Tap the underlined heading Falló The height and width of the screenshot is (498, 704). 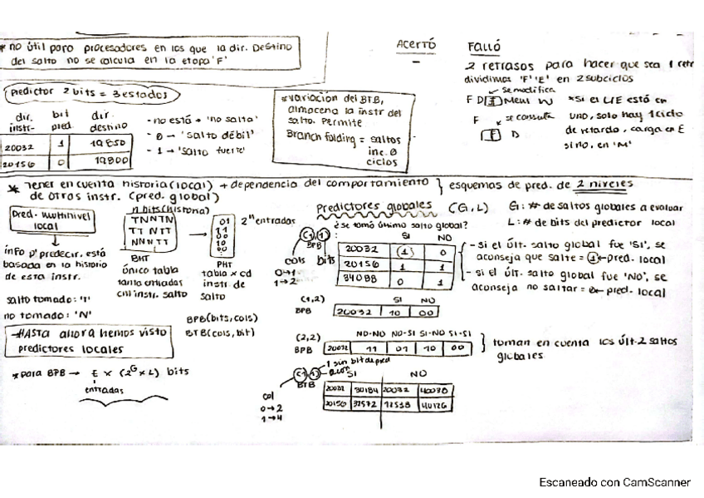pyautogui.click(x=483, y=47)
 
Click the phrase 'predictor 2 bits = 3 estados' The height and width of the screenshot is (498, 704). pyautogui.click(x=90, y=93)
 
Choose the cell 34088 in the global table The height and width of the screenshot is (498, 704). pyautogui.click(x=359, y=280)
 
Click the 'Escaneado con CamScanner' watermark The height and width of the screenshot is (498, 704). pyautogui.click(x=614, y=481)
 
